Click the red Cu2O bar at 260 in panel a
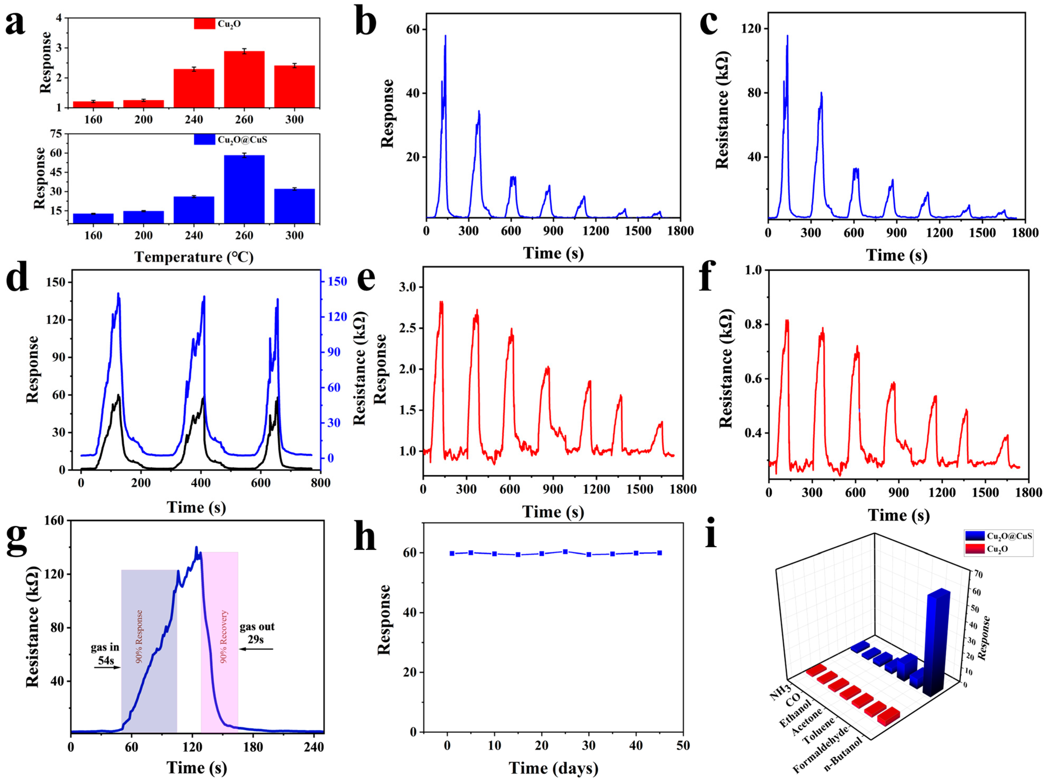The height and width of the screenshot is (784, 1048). tap(244, 79)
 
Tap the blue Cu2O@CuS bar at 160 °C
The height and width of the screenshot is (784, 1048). tap(93, 218)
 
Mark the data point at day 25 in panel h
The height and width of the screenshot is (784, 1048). tap(565, 552)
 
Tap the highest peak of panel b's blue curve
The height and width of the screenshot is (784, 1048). tap(445, 36)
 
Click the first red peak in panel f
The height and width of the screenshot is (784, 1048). tap(787, 321)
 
